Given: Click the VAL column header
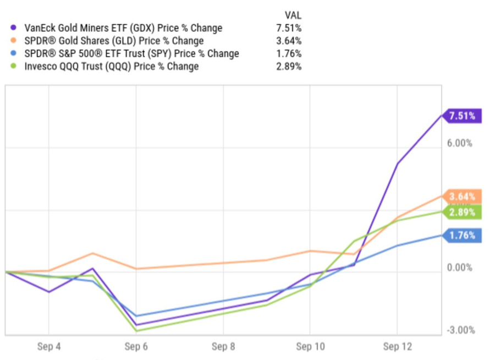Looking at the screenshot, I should point(293,15).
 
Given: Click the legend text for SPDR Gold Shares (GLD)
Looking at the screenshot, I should point(113,41).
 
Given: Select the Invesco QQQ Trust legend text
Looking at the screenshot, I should point(112,67).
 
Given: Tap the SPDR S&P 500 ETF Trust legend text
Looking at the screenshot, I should point(131,53).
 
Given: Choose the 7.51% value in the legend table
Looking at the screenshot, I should point(289,28).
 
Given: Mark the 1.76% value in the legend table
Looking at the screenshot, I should point(289,53).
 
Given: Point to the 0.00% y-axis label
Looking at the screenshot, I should point(460,268).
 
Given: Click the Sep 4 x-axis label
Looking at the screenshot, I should point(48,347).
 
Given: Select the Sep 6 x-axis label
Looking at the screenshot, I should point(136,347).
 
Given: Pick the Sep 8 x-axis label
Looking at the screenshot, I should point(223,347).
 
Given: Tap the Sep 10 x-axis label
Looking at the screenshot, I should point(310,347).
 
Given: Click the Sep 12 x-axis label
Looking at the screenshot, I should point(397,347).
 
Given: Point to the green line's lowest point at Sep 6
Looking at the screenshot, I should point(136,331).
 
